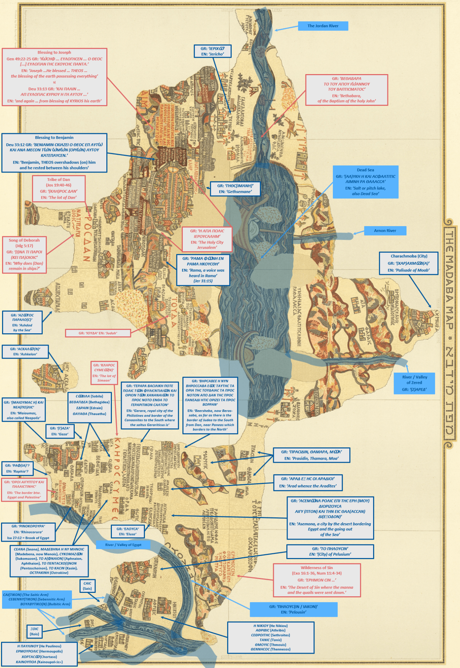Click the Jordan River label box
323,26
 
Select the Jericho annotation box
213,51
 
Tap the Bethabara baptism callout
346,90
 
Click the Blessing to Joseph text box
54,77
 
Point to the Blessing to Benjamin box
54,153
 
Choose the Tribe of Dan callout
59,189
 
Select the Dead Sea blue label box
365,182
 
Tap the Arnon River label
385,231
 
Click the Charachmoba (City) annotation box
409,263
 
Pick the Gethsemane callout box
235,189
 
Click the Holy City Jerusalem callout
207,239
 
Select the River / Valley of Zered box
414,383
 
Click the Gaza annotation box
60,431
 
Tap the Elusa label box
128,531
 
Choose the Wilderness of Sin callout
317,580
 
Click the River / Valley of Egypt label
123,545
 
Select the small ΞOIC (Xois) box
34,631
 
